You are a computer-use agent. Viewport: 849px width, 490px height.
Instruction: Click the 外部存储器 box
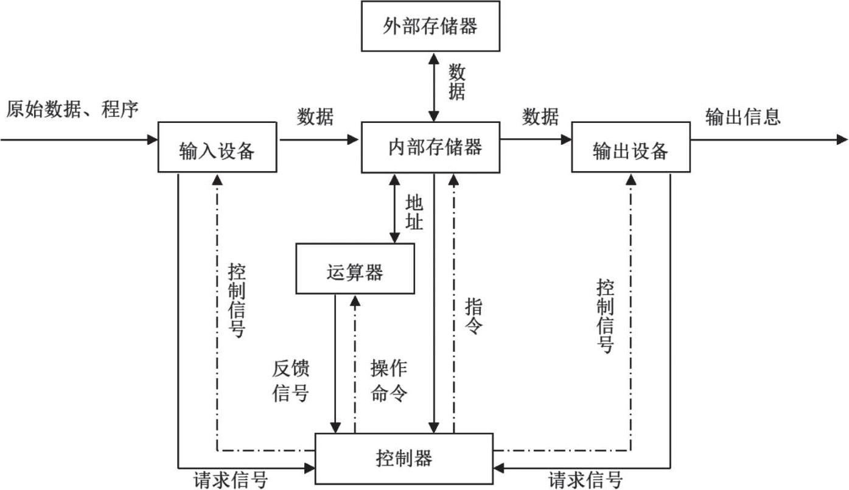tap(430, 26)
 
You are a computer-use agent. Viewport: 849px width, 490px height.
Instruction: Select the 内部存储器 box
tap(430, 147)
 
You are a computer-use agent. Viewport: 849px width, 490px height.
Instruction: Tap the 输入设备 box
tap(217, 147)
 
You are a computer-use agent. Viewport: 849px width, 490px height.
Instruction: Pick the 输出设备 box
tap(631, 147)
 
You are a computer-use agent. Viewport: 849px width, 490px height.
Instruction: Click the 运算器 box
tap(355, 268)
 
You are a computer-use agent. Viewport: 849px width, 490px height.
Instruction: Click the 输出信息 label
tap(742, 116)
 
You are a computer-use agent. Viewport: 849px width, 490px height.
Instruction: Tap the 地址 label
tap(414, 212)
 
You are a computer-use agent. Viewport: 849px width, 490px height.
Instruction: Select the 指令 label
tap(473, 317)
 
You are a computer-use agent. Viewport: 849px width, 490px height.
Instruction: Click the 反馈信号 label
tap(291, 381)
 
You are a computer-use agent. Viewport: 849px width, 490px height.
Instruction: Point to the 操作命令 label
tap(389, 381)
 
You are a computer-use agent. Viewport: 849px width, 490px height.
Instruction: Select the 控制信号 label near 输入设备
tap(237, 301)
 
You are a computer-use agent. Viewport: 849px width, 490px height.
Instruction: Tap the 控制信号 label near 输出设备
tap(605, 316)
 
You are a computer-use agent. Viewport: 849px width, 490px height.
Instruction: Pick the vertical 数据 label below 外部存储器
tap(457, 83)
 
